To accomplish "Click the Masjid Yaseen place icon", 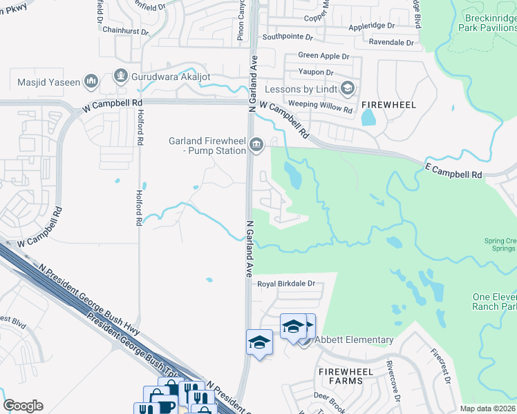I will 91,83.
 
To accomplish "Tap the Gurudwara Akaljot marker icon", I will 120,74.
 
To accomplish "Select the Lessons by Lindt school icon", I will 347,88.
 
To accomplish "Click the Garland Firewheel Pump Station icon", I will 256,144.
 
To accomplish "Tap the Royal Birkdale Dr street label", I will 286,284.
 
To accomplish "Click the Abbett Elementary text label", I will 354,339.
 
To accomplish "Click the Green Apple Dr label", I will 323,55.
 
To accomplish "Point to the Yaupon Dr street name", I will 316,72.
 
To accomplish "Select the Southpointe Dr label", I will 289,37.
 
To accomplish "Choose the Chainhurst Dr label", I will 125,31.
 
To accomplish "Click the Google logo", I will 23,406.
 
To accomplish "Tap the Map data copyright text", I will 487,408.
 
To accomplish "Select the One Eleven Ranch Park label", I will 494,302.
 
